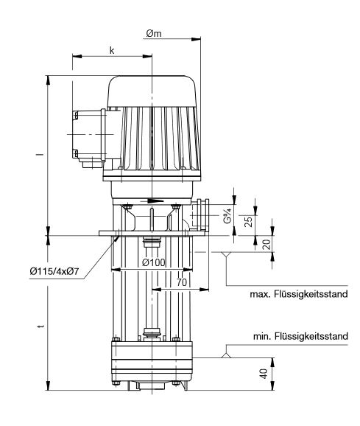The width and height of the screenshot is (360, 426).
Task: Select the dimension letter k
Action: [111, 50]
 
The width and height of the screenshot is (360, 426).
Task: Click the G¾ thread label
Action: [228, 217]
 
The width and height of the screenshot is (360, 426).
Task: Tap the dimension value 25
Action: [250, 222]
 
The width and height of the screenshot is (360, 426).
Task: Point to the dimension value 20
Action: [266, 244]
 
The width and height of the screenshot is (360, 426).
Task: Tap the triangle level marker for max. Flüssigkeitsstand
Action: [225, 256]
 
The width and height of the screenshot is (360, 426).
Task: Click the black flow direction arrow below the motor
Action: [151, 200]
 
